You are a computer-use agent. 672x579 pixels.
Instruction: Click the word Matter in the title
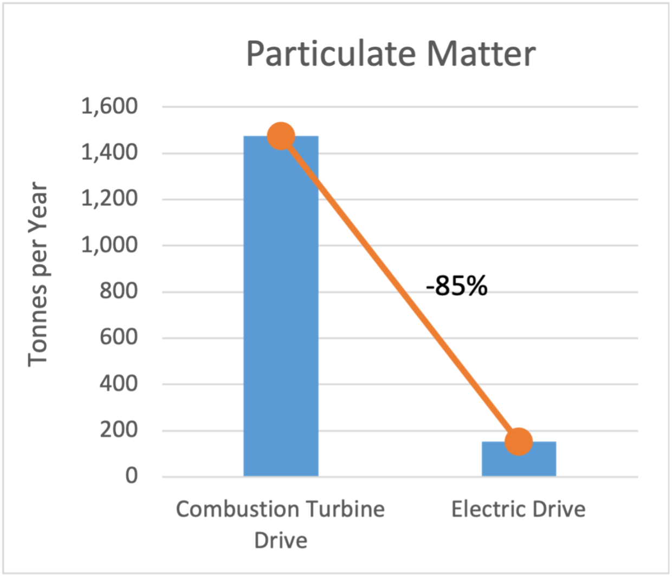click(x=481, y=54)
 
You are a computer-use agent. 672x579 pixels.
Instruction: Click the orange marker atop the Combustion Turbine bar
click(x=281, y=136)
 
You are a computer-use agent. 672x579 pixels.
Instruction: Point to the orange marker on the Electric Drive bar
click(x=519, y=441)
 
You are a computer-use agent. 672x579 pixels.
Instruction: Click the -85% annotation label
click(x=456, y=285)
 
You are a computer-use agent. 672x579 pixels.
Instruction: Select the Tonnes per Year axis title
click(x=38, y=274)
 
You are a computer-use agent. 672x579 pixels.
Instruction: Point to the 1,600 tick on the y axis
click(x=109, y=106)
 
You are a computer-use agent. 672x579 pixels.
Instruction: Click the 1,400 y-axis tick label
click(x=109, y=153)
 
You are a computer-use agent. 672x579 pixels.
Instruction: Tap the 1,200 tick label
click(x=109, y=199)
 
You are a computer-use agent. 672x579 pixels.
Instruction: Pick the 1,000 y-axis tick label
click(x=109, y=245)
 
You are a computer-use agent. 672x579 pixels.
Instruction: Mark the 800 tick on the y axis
click(x=119, y=291)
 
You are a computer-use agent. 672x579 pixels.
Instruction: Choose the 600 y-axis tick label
click(x=119, y=337)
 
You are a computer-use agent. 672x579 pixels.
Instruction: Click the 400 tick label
click(x=119, y=384)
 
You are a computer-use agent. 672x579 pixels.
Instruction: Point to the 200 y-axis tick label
click(x=119, y=430)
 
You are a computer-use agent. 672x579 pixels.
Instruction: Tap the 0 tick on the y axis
click(x=132, y=476)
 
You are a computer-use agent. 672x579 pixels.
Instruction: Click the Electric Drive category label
click(x=518, y=509)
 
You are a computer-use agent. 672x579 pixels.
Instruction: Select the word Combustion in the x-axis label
click(x=237, y=509)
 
